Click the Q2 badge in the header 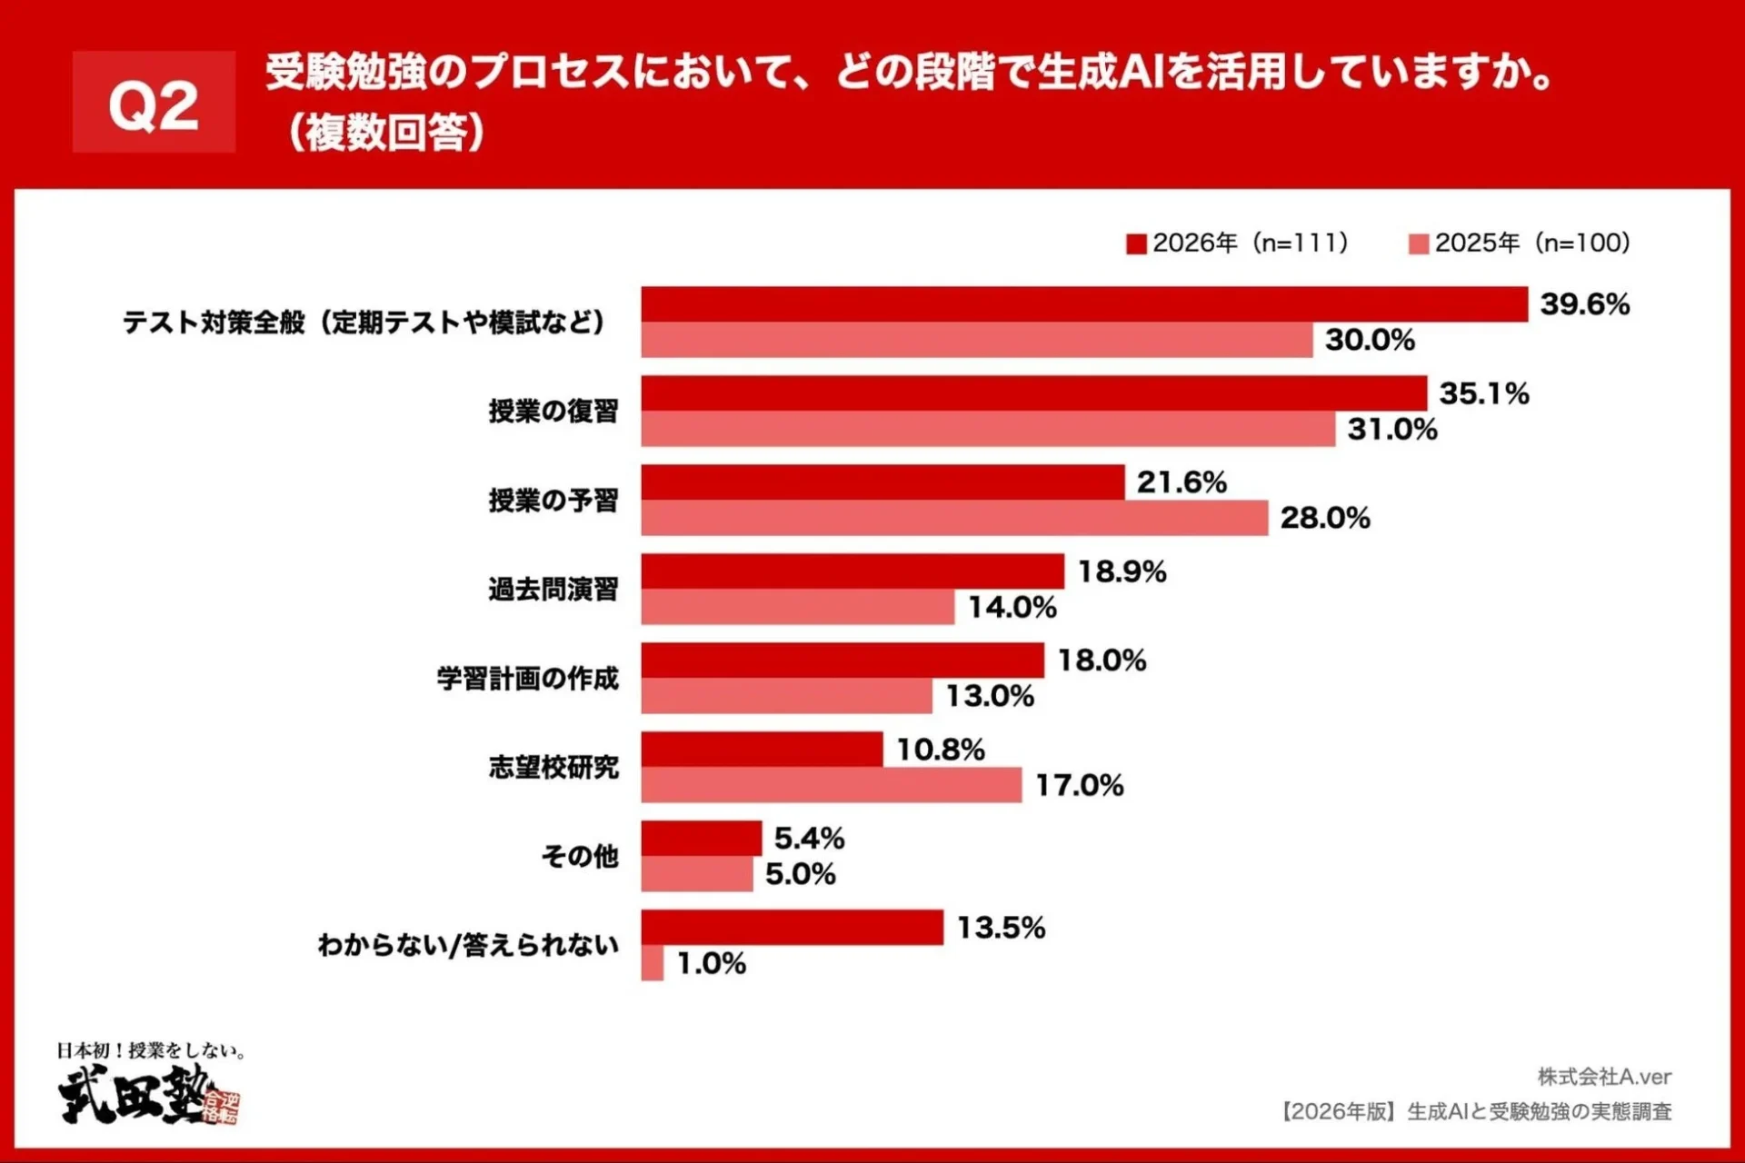click(154, 102)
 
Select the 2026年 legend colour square click(1136, 244)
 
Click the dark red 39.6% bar click(1083, 304)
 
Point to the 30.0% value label click(1370, 340)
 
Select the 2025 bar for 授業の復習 click(987, 429)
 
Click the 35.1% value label click(1483, 393)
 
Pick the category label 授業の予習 click(553, 500)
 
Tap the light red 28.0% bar click(954, 518)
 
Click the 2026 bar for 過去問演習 click(852, 572)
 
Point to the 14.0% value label click(1012, 607)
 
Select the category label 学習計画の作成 click(527, 678)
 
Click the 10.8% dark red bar click(762, 750)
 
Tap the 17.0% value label click(1079, 785)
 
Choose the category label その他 click(579, 856)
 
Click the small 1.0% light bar click(652, 963)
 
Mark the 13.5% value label click(1001, 928)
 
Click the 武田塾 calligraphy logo click(136, 1095)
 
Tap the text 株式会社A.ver click(1604, 1077)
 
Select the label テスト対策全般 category click(364, 322)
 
